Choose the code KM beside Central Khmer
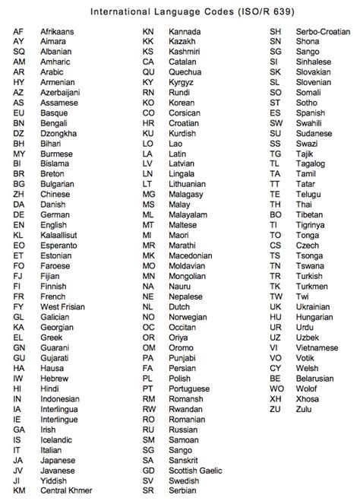[20, 490]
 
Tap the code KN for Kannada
[149, 30]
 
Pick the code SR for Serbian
[148, 490]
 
